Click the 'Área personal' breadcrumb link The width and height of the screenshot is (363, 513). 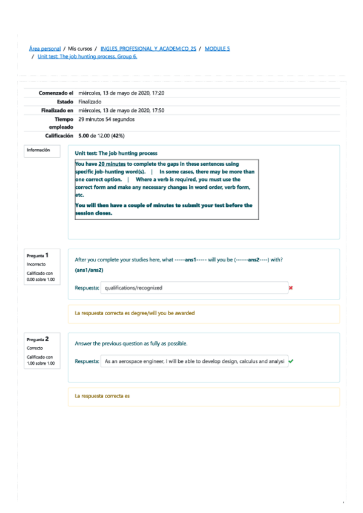point(45,48)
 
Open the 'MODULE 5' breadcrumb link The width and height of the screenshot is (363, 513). point(218,48)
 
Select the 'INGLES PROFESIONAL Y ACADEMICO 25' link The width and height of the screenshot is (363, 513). point(148,48)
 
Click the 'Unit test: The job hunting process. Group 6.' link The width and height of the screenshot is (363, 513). point(87,56)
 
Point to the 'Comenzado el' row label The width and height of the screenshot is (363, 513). point(56,93)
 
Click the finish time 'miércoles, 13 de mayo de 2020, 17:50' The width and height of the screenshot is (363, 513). point(121,110)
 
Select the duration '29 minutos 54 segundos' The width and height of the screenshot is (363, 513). point(106,119)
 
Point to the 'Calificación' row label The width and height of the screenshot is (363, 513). point(59,136)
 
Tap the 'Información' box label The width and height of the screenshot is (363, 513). point(38,150)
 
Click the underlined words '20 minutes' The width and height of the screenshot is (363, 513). point(112,164)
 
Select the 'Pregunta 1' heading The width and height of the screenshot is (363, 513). point(37,255)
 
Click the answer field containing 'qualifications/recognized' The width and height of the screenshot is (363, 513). point(193,288)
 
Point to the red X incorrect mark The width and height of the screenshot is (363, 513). point(291,288)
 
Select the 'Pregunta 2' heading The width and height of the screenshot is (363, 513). point(37,339)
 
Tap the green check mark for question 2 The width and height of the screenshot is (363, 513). point(291,361)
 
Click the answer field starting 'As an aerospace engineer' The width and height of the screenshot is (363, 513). point(193,361)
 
